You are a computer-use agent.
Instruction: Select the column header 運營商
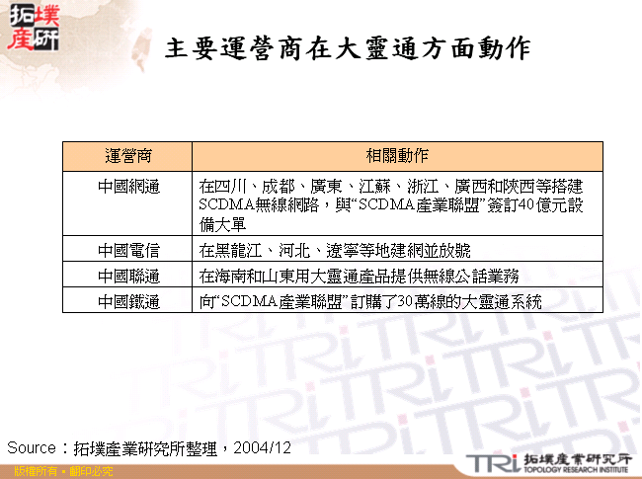(x=128, y=157)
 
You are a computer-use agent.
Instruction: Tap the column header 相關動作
(x=397, y=157)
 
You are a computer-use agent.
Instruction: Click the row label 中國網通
(x=128, y=186)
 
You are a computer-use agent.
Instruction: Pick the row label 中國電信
(x=128, y=248)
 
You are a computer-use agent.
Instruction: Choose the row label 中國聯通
(x=128, y=275)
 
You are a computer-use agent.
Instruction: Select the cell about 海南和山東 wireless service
(x=359, y=275)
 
